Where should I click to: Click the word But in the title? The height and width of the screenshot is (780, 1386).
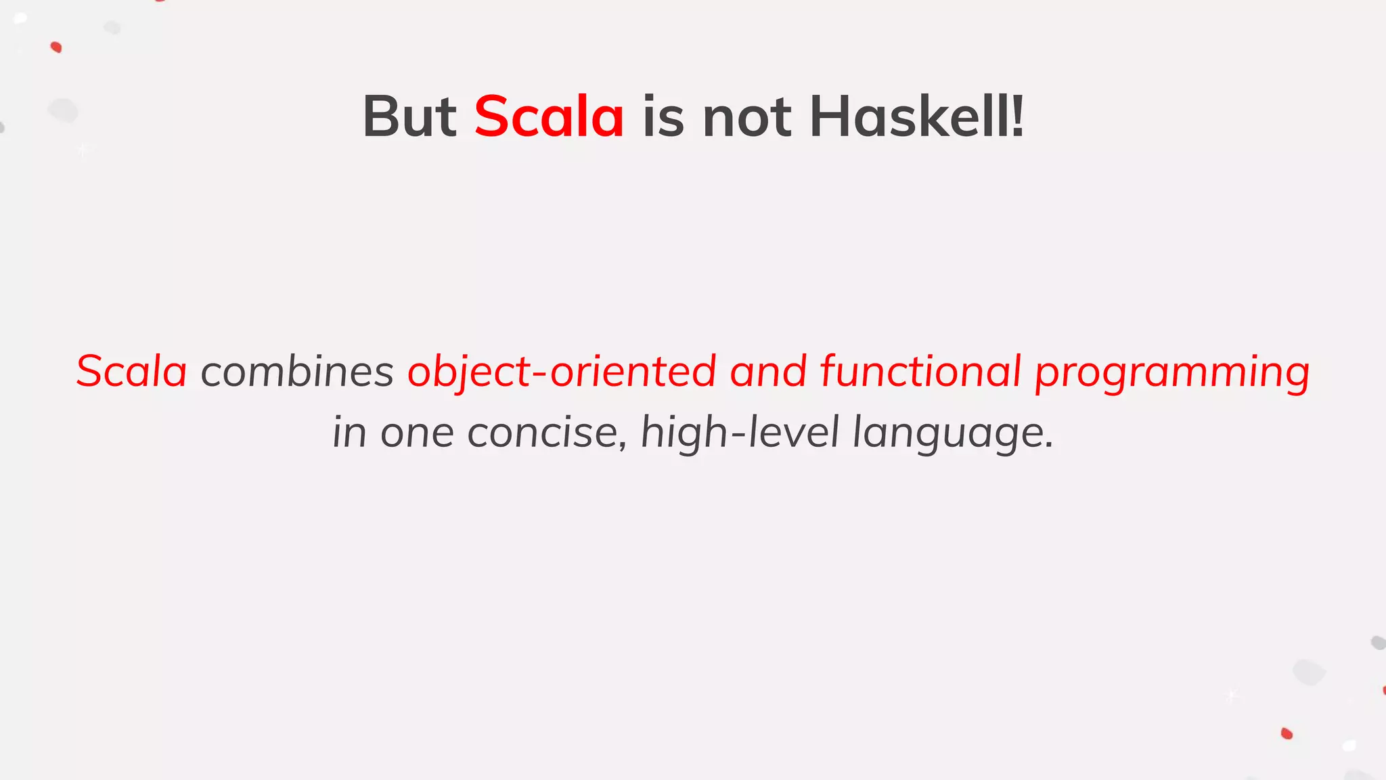pos(410,116)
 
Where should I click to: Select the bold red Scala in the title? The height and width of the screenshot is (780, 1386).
pos(549,116)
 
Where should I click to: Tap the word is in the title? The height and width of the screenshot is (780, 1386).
pos(663,116)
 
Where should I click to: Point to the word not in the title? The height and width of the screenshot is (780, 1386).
pos(747,116)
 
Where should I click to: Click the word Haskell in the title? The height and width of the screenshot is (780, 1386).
pos(910,116)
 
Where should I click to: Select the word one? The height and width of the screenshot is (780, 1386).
pos(417,433)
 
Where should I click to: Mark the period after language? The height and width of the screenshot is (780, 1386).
pos(1049,446)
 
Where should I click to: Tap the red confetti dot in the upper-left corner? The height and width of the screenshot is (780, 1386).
pos(56,47)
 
